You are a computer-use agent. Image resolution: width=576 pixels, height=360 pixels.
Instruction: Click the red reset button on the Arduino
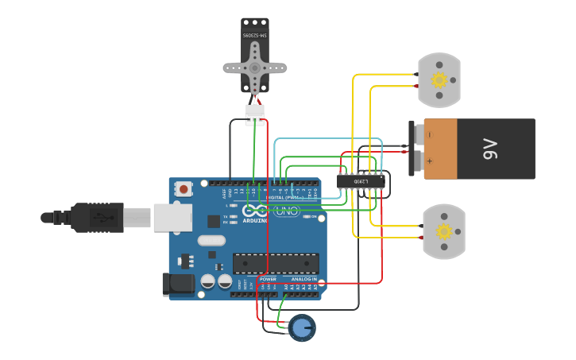pyautogui.click(x=184, y=189)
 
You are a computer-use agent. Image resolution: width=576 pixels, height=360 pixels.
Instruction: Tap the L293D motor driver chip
pyautogui.click(x=361, y=181)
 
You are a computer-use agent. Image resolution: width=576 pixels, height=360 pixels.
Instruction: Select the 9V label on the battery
pyautogui.click(x=490, y=149)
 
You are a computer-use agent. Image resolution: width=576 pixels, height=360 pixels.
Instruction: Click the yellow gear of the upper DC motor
pyautogui.click(x=439, y=79)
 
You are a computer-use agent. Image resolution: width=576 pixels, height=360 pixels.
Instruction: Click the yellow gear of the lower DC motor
pyautogui.click(x=443, y=231)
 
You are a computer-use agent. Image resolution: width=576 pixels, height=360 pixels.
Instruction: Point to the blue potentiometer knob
pyautogui.click(x=301, y=327)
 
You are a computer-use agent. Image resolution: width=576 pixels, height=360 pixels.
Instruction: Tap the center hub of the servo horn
pyautogui.click(x=254, y=68)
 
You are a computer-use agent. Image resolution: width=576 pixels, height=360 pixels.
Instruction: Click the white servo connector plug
pyautogui.click(x=254, y=114)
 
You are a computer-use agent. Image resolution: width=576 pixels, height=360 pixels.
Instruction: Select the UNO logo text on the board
pyautogui.click(x=285, y=211)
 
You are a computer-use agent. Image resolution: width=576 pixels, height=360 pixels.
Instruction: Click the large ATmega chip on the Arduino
pyautogui.click(x=276, y=263)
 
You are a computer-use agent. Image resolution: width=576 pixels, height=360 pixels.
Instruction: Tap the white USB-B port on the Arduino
pyautogui.click(x=172, y=217)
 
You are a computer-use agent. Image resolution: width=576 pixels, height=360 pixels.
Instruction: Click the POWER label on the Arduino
pyautogui.click(x=269, y=279)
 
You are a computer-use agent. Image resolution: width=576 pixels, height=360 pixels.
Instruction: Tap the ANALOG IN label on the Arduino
pyautogui.click(x=303, y=279)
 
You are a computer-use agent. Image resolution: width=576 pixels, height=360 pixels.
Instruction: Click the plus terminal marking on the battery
pyautogui.click(x=430, y=161)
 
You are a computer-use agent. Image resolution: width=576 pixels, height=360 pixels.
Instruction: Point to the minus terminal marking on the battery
pyautogui.click(x=430, y=134)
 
